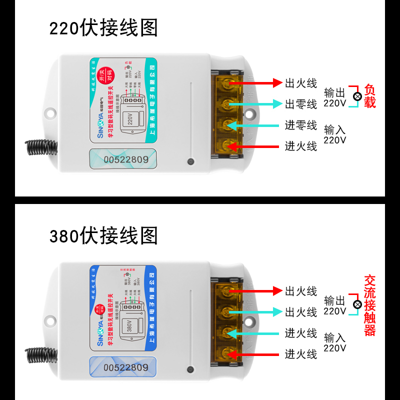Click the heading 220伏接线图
coord(103,28)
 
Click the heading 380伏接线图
coord(103,235)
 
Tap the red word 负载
coord(369,96)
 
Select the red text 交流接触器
coord(369,305)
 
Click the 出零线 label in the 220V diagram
coord(301,104)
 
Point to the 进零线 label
coord(301,125)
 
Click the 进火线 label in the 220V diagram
coord(301,146)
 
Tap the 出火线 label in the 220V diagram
coord(301,83)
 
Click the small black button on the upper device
coord(190,161)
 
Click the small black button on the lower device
coord(190,369)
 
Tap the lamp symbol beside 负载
coord(357,96)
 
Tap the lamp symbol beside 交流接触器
coord(357,304)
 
